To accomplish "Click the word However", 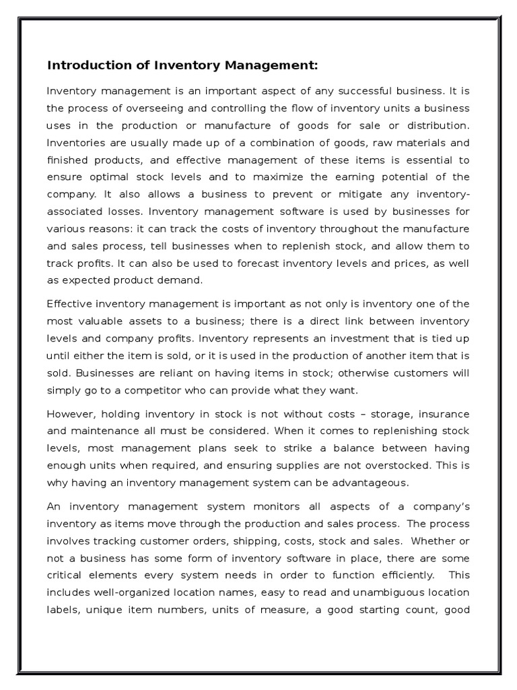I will click(70, 413).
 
